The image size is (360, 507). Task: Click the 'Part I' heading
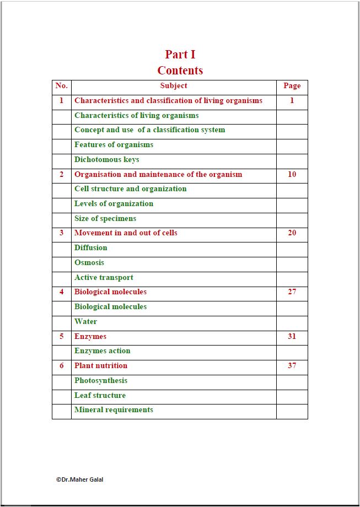tap(180, 54)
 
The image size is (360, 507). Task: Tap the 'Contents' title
tap(180, 71)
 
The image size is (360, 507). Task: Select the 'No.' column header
tap(62, 86)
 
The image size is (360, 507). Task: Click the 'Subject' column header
tap(174, 86)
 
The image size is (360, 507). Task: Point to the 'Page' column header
tap(292, 86)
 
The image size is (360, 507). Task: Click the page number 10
tap(292, 174)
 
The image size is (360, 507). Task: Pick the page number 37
tap(292, 365)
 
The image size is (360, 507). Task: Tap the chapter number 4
tap(62, 292)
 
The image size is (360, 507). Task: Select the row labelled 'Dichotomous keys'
tap(107, 160)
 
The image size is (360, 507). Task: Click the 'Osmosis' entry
tap(89, 263)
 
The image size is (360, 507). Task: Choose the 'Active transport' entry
tap(104, 278)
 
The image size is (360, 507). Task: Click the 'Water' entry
tap(85, 322)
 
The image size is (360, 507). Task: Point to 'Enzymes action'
tap(103, 351)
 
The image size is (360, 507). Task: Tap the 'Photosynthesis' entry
tap(101, 381)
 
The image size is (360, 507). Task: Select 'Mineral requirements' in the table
tap(114, 410)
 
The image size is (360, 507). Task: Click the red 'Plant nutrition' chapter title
tap(101, 366)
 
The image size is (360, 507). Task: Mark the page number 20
tap(292, 233)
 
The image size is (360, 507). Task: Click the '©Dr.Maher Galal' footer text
tap(79, 479)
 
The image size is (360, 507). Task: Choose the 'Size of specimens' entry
tap(105, 219)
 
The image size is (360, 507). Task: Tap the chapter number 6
tap(62, 366)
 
